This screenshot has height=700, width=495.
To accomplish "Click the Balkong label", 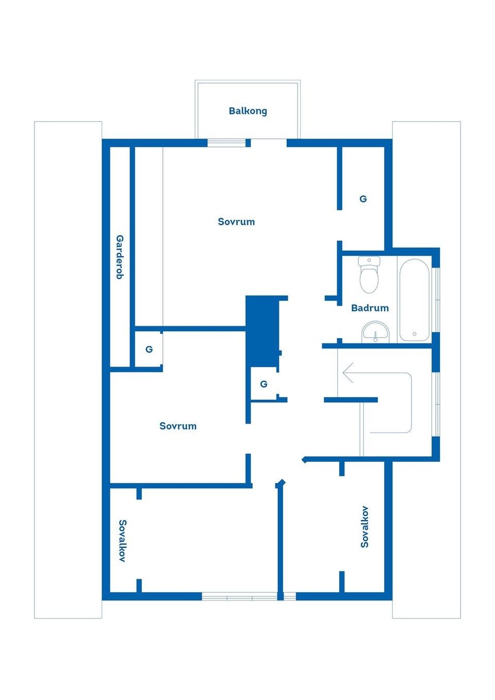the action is (248, 111).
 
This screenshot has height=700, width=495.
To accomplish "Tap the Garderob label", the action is (120, 257).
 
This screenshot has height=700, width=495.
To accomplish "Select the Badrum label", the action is (370, 308).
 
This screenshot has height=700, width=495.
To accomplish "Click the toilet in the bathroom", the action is (369, 275).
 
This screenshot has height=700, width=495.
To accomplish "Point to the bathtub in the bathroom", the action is (415, 300).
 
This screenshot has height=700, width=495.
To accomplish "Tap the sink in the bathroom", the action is (375, 332).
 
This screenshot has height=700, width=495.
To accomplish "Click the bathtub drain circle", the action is (415, 334).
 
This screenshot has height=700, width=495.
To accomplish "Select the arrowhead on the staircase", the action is (348, 373).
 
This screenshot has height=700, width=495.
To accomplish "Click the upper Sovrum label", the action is (236, 222).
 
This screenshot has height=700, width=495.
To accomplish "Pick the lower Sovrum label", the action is (178, 426).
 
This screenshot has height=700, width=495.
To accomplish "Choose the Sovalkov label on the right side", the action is (365, 527).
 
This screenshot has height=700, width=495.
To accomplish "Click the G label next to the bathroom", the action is (363, 199).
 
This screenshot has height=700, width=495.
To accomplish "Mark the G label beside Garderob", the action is (149, 349).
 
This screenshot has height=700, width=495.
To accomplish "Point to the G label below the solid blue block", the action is (264, 384).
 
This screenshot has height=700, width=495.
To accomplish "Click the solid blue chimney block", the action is (262, 331).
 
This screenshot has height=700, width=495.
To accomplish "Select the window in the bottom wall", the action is (249, 596).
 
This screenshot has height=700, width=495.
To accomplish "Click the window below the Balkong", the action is (226, 143).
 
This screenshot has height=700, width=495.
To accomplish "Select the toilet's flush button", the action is (369, 260).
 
